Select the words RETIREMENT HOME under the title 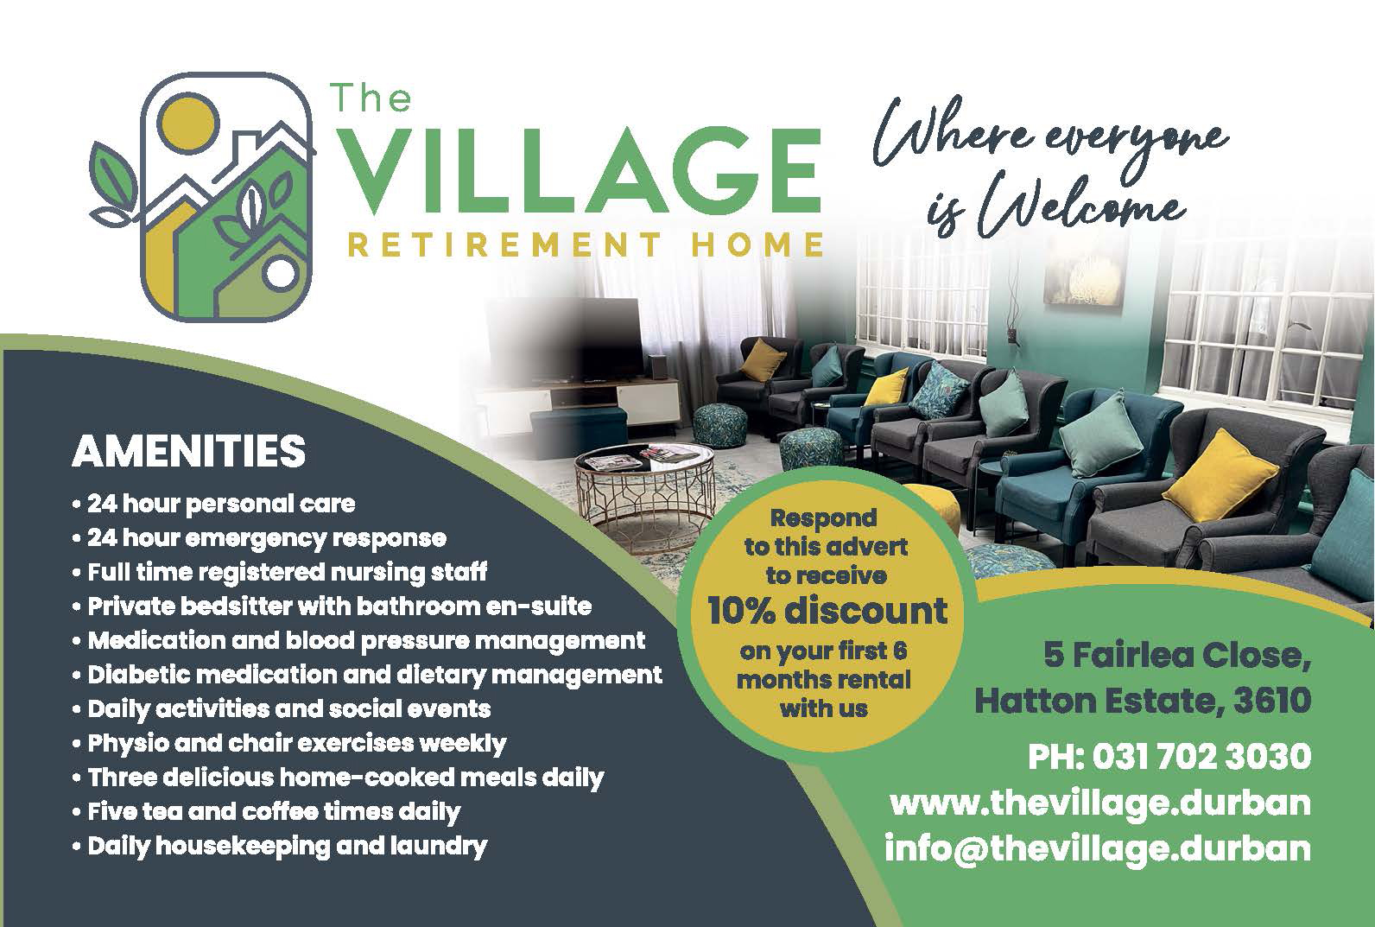click(586, 244)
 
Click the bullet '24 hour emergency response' click(260, 538)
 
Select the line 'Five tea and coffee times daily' click(266, 811)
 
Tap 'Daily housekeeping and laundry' click(280, 846)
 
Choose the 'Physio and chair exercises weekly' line click(289, 744)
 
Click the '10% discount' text click(827, 610)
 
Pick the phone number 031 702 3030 click(1201, 756)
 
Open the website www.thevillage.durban click(1100, 804)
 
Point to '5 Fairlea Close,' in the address click(1176, 655)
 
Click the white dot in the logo click(280, 274)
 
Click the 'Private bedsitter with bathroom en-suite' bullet click(332, 606)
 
